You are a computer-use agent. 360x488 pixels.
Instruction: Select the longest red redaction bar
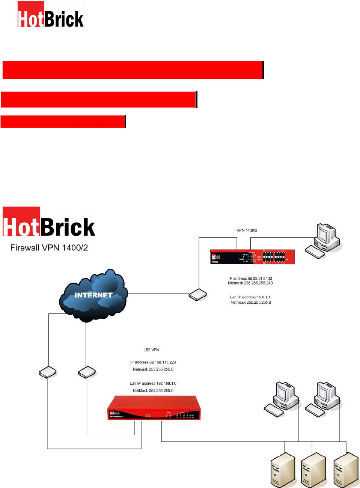point(133,70)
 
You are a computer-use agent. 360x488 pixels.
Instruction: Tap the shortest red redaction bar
point(63,122)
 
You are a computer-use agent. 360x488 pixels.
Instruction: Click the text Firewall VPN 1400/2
point(49,248)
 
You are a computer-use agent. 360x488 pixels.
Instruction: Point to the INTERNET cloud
point(93,295)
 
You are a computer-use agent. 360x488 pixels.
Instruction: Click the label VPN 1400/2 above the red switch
point(247,230)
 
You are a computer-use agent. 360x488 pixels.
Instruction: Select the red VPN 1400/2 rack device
point(252,257)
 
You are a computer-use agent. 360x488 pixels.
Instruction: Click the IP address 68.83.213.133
point(250,279)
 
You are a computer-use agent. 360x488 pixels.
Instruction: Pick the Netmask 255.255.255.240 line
point(250,283)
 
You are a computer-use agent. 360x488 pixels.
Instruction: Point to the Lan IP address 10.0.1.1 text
point(250,297)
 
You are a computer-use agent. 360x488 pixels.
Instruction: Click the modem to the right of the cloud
point(198,295)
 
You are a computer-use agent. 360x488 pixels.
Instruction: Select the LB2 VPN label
point(151,350)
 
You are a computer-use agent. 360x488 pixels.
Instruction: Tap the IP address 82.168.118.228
point(153,362)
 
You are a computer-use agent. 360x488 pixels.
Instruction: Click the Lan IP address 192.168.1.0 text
point(153,383)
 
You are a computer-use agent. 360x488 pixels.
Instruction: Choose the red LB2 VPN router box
point(154,408)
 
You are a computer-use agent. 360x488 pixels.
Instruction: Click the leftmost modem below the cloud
point(48,372)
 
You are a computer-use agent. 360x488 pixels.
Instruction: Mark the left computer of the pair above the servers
point(282,399)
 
